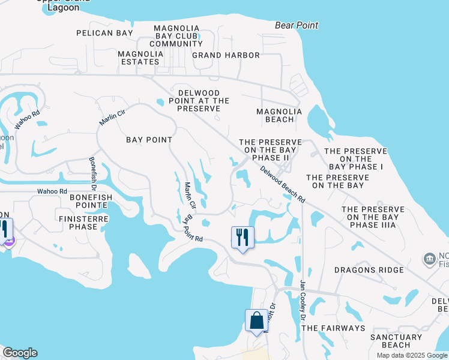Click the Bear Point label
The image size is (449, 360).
click(x=297, y=25)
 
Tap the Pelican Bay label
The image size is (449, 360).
click(x=104, y=33)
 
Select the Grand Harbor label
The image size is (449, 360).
click(x=226, y=55)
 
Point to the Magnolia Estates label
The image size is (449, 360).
click(x=142, y=57)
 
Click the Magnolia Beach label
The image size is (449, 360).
click(x=275, y=115)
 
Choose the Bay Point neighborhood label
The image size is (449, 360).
click(x=149, y=140)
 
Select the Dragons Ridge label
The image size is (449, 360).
click(x=369, y=270)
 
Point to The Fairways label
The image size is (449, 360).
click(x=333, y=328)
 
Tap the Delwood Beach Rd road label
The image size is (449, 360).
click(x=283, y=184)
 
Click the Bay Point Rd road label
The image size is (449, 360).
click(x=194, y=228)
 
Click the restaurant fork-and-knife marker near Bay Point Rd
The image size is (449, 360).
click(x=243, y=237)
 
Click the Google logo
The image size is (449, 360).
click(x=20, y=353)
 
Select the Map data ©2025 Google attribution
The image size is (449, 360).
click(x=411, y=355)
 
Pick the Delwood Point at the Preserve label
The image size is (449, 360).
click(x=203, y=101)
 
